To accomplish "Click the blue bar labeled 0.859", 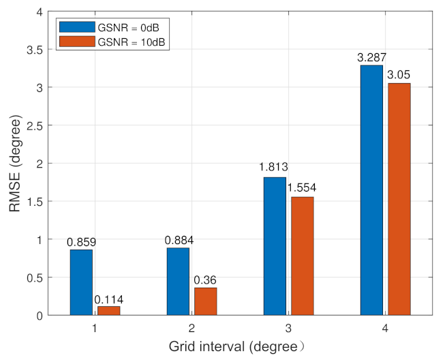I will pos(80,282).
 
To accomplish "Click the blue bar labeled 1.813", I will pos(275,246).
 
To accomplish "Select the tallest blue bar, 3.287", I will pos(372,190).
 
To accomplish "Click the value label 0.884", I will pos(178,241).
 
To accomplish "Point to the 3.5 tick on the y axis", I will pos(40,50).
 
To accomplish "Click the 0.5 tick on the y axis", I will pos(40,277).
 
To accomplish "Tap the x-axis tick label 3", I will pos(288,328).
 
